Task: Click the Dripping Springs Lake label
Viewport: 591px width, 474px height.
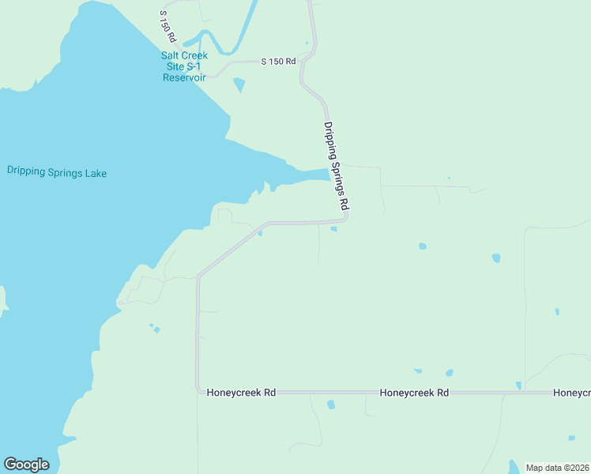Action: [56, 172]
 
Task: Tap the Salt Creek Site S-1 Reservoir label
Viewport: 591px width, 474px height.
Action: [184, 66]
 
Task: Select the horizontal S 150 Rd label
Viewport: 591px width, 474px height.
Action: [278, 61]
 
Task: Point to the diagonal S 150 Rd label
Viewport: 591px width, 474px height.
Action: [167, 26]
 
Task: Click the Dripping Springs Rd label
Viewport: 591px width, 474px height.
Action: [336, 165]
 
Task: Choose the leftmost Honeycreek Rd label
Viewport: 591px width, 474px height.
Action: [241, 392]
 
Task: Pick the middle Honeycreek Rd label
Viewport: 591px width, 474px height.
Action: [414, 392]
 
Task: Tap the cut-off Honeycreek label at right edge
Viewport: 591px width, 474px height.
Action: [571, 392]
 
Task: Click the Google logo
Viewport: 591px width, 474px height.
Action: [26, 465]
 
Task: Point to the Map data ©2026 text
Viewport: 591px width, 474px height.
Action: [556, 468]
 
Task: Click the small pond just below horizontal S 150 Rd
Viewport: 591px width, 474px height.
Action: [239, 85]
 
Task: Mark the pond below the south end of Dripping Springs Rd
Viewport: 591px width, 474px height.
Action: [333, 229]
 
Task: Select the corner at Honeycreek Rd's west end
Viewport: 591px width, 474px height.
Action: [198, 391]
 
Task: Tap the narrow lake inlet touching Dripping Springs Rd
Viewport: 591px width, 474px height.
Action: [312, 174]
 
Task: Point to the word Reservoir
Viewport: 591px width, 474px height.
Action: [184, 77]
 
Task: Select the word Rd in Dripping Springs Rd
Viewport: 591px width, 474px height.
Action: [344, 202]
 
